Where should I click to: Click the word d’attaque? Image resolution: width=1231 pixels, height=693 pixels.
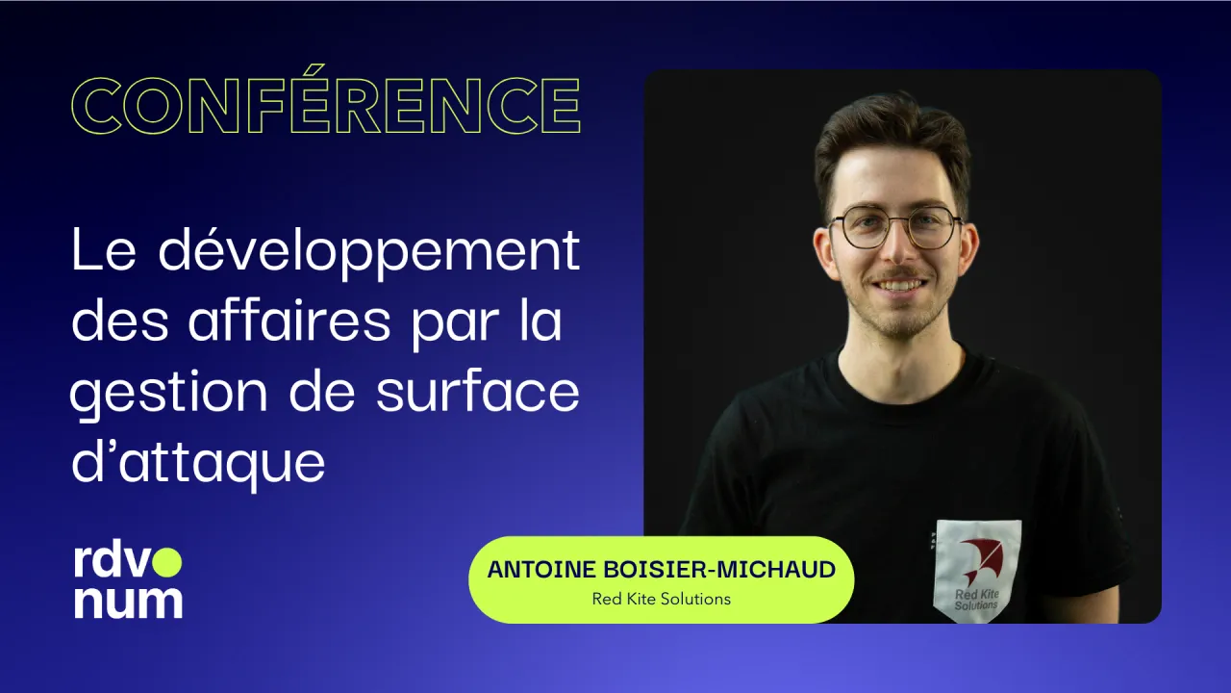click(x=198, y=463)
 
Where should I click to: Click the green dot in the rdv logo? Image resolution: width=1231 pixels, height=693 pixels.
click(x=168, y=561)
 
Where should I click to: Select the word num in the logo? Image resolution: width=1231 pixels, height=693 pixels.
click(x=128, y=601)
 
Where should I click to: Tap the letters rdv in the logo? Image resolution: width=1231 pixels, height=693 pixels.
click(x=111, y=562)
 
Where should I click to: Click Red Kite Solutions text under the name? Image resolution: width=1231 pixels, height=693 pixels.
click(x=661, y=599)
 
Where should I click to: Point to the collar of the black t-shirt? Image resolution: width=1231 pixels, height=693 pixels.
click(x=899, y=361)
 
